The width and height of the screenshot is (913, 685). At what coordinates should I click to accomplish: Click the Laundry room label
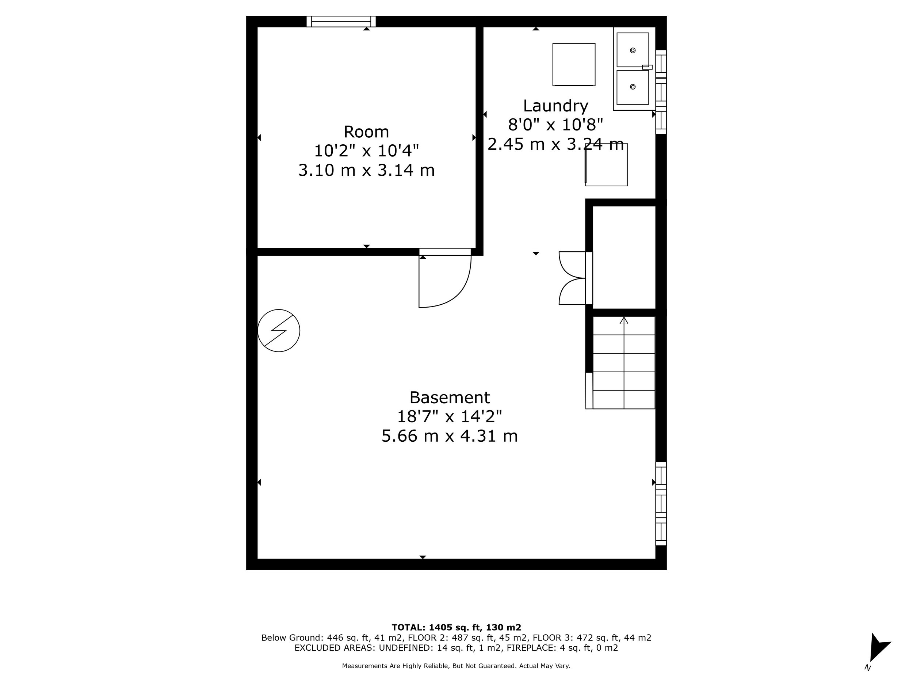(x=555, y=106)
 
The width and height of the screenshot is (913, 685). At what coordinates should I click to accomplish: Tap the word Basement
(x=450, y=397)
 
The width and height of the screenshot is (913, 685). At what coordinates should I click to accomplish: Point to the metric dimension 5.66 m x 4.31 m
(x=450, y=436)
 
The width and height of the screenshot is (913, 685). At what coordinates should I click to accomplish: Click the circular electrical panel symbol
(x=279, y=331)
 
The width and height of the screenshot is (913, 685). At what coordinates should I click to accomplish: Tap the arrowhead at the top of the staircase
(x=624, y=320)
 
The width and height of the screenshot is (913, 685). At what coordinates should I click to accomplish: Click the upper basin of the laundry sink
(x=632, y=50)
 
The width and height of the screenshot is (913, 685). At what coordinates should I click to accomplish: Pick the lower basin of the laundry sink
(x=632, y=87)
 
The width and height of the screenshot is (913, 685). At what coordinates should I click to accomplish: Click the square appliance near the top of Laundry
(x=574, y=64)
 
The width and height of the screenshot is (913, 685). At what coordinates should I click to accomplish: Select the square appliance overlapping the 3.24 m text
(x=606, y=165)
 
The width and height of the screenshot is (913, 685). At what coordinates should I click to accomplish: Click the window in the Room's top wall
(x=341, y=22)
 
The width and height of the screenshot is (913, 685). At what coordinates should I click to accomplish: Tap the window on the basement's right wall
(x=661, y=504)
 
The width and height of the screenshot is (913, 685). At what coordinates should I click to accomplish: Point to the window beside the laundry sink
(x=661, y=92)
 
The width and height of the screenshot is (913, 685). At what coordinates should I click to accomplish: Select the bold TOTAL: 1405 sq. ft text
(x=456, y=628)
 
